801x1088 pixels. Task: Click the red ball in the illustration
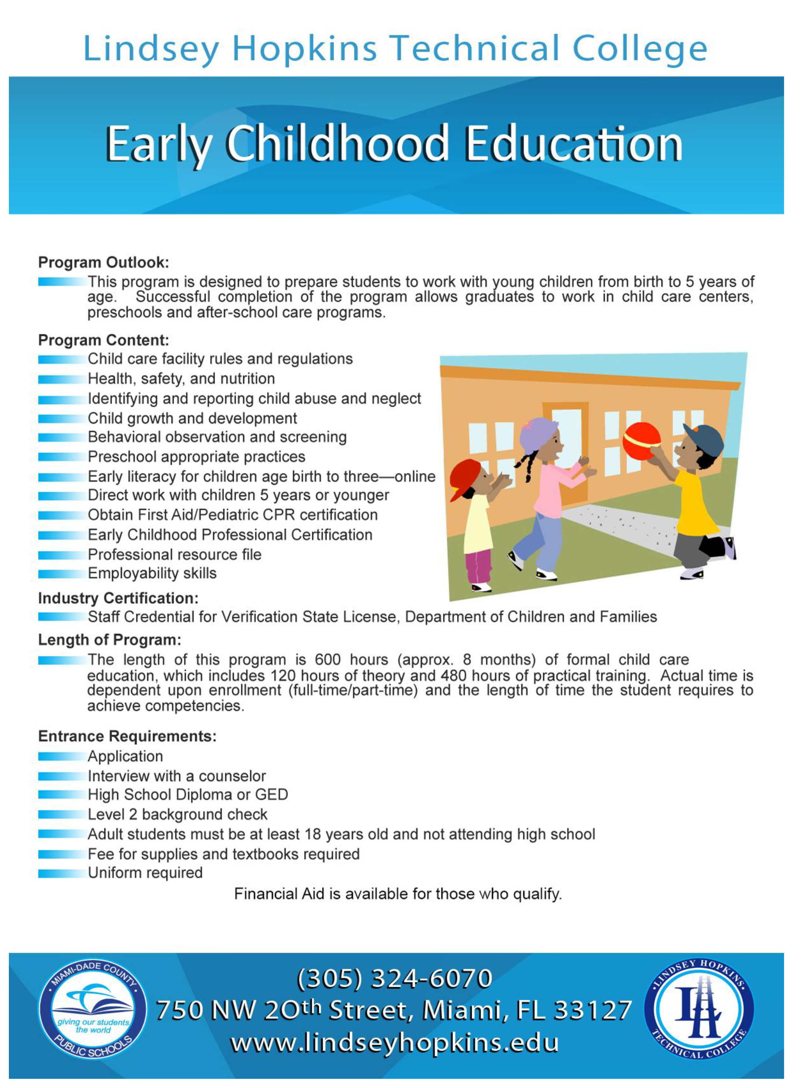click(641, 441)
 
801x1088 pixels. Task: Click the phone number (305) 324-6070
click(394, 978)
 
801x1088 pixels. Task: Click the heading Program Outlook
click(104, 262)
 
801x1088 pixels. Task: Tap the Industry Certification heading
click(118, 598)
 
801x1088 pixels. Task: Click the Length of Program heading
click(110, 640)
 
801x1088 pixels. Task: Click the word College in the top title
click(640, 49)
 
